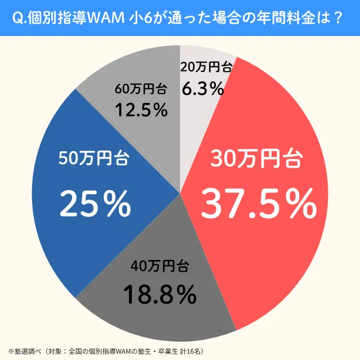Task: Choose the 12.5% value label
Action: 141,110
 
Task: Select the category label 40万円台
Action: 160,265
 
